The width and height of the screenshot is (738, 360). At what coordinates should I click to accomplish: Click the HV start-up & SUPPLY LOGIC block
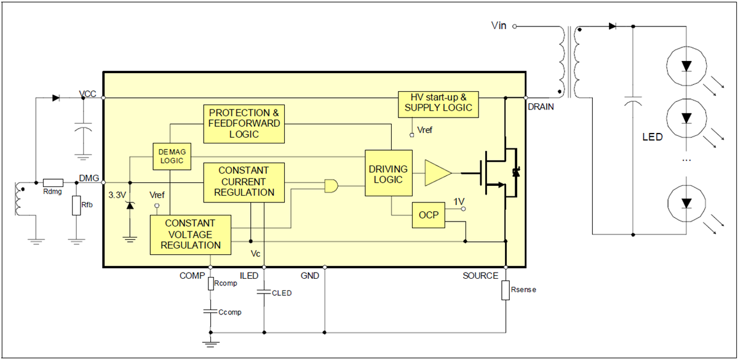pos(438,103)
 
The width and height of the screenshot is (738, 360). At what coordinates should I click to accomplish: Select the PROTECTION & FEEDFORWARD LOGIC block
pos(244,123)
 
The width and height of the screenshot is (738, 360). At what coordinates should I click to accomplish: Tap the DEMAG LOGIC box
pos(172,156)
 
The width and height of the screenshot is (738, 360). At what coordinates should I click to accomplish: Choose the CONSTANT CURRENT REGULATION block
pos(244,182)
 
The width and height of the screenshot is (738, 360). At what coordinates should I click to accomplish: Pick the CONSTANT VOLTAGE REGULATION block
pos(190,234)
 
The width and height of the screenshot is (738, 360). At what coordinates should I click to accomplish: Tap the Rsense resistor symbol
pos(505,290)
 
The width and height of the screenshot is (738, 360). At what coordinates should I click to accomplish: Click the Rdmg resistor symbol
pos(53,183)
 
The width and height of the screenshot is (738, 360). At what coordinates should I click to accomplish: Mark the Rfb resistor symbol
pos(76,206)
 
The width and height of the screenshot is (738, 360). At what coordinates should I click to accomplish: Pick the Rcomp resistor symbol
pos(210,284)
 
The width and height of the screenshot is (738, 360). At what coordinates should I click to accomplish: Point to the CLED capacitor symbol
pos(264,292)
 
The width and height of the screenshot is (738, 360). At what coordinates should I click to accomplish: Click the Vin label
pos(499,26)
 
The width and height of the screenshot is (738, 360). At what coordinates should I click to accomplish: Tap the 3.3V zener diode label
pos(117,195)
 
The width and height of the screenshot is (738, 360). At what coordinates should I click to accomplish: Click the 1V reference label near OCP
pos(459,201)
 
